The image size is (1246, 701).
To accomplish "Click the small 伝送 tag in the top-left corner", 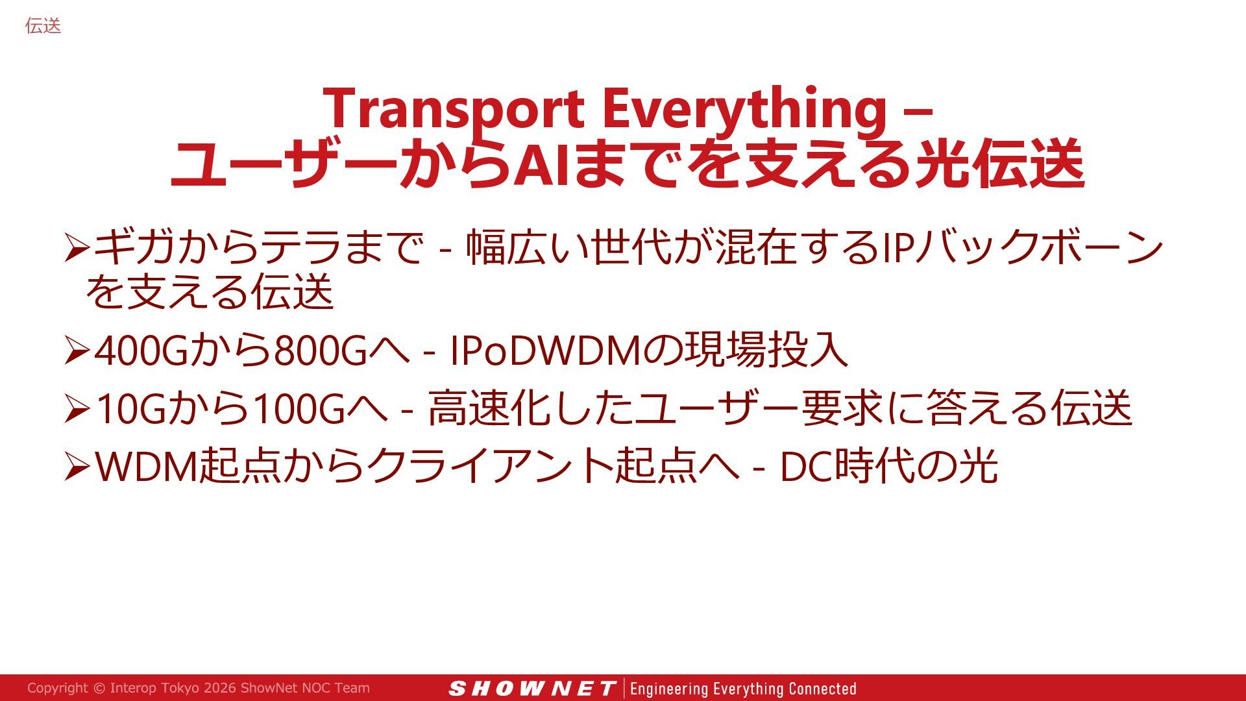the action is [43, 26].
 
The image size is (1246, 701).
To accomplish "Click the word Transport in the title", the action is [454, 109].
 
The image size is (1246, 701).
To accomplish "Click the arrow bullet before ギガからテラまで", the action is [77, 248].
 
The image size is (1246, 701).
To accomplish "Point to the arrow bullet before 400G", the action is [77, 351].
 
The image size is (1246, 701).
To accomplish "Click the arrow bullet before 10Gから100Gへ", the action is [77, 410].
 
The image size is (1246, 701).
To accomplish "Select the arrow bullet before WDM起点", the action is [77, 467].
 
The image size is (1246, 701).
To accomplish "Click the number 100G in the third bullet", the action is [298, 410].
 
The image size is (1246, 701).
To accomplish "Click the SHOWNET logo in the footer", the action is [531, 689].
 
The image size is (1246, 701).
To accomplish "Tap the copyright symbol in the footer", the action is [99, 688].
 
